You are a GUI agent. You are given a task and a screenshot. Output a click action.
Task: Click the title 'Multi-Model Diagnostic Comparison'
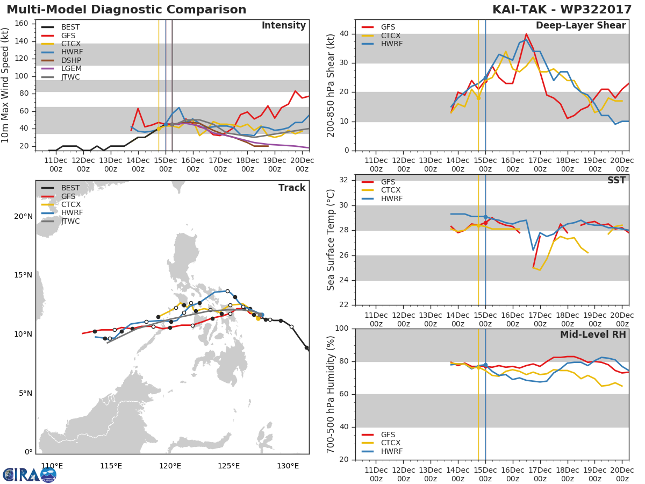point(126,9)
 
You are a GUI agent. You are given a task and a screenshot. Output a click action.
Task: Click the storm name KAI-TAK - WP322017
point(562,9)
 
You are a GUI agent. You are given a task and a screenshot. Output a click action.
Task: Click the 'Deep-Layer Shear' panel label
point(580,26)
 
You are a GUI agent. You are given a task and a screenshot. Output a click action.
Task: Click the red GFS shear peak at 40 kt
point(526,34)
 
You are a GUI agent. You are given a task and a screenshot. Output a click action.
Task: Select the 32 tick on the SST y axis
point(344,180)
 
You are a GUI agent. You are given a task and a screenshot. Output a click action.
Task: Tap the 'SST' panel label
point(617,180)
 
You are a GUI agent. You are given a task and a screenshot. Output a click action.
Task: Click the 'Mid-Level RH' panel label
point(593,334)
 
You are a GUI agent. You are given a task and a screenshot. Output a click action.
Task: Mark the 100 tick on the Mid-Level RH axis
point(342,328)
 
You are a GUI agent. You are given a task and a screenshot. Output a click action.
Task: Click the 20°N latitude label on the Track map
point(23,217)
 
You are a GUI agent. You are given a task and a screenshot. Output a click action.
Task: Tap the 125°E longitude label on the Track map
point(229,466)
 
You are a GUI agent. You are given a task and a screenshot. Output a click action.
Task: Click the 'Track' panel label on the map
point(292,188)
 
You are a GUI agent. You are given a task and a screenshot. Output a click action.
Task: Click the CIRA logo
point(30,475)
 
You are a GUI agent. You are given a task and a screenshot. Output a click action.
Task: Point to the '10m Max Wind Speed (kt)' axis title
point(4,85)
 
